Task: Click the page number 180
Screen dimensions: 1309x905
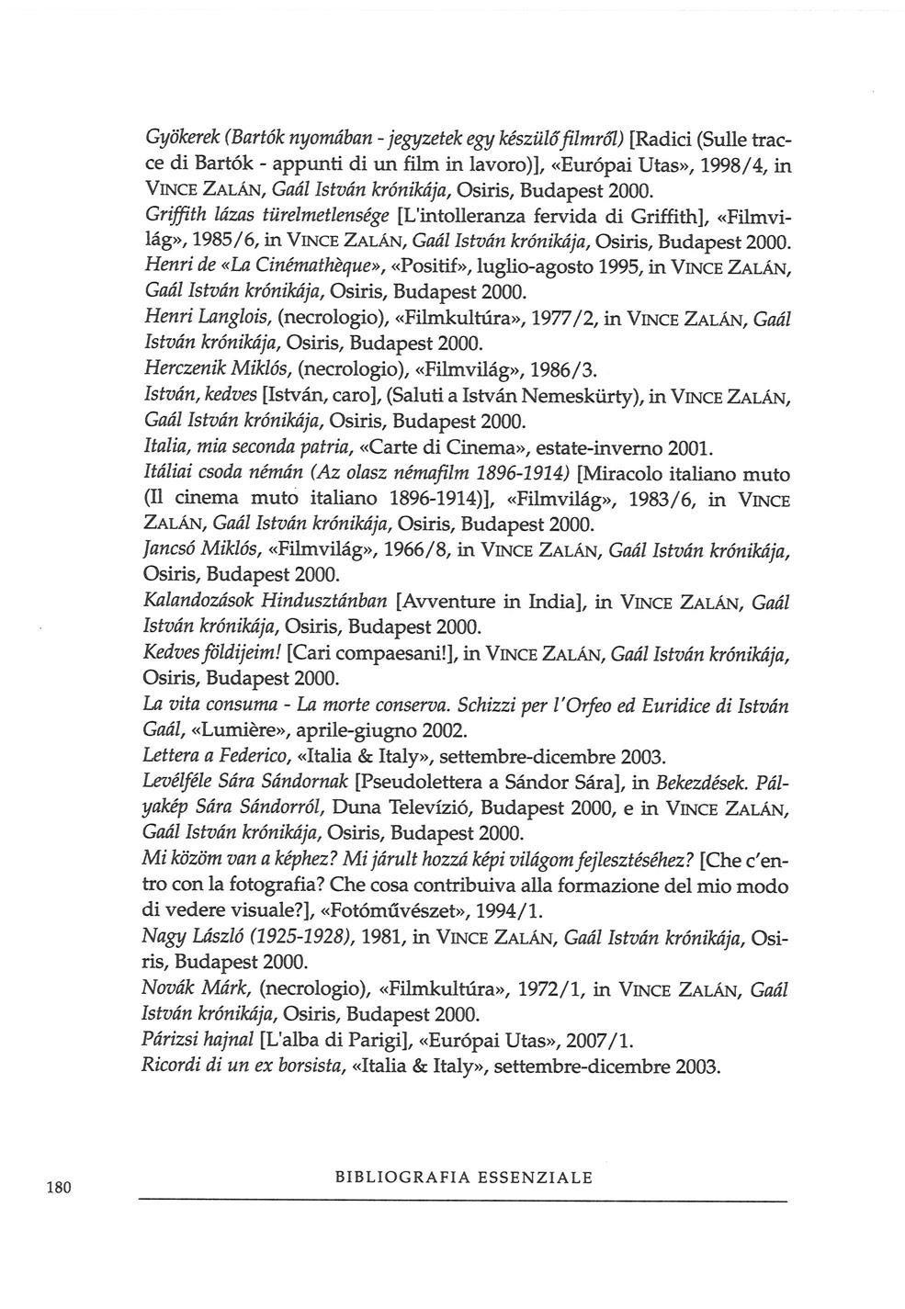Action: [x=58, y=1187]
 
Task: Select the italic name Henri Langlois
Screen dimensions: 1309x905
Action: [x=207, y=319]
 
